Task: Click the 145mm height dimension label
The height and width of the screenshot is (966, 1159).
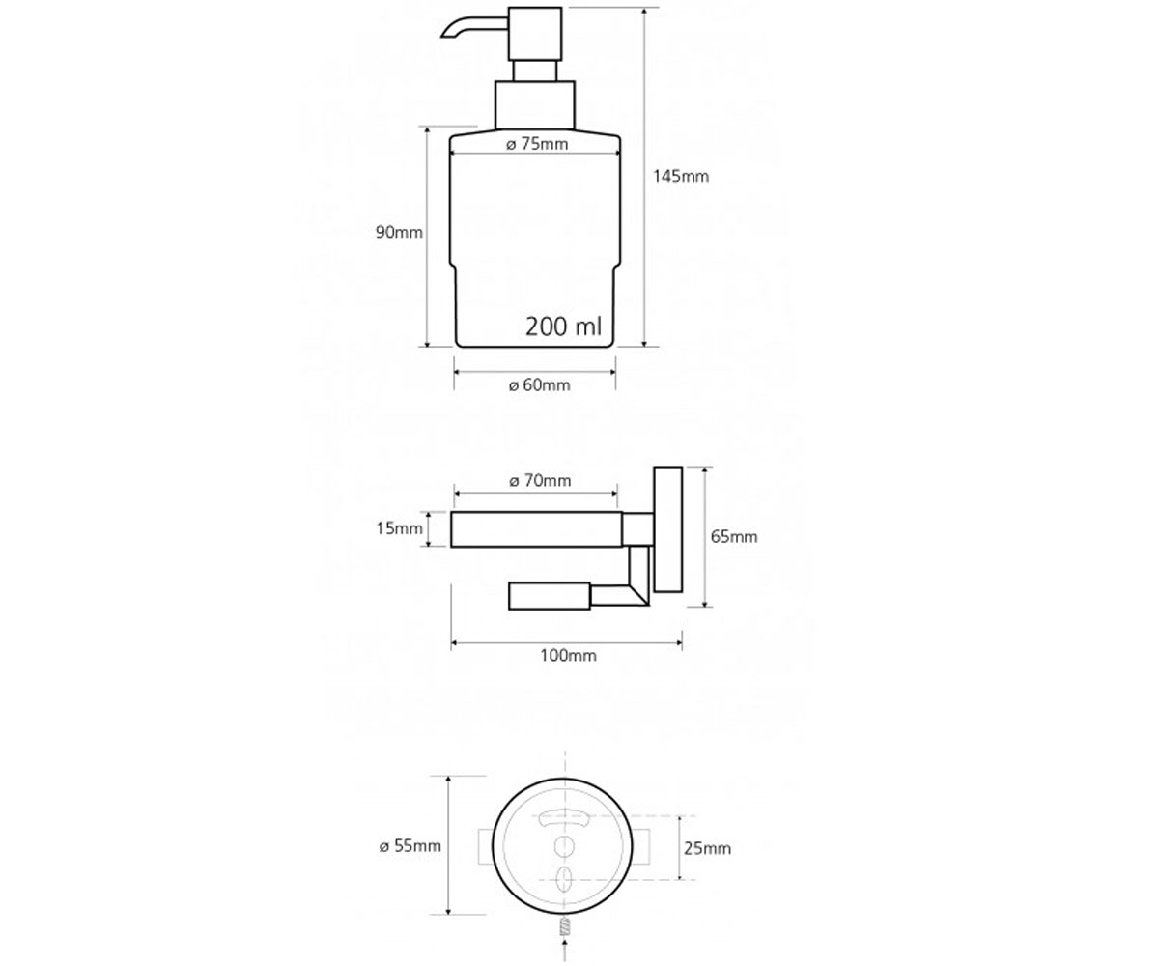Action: tap(681, 177)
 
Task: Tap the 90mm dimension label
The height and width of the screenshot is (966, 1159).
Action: tap(399, 232)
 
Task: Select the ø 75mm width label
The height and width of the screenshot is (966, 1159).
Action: tap(537, 144)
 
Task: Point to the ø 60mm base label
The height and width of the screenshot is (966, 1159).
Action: tap(539, 384)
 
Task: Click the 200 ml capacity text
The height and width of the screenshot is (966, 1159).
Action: tap(563, 327)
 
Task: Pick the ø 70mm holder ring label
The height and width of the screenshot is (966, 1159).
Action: tap(540, 480)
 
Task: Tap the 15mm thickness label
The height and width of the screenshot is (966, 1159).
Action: tap(399, 528)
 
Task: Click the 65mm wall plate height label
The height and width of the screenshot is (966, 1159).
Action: tap(734, 537)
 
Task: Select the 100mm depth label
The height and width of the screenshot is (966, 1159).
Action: tap(569, 656)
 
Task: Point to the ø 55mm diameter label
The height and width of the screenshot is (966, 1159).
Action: tap(410, 846)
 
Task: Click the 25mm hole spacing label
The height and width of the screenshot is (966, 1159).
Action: tap(707, 848)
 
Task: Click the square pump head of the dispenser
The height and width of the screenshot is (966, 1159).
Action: tap(535, 33)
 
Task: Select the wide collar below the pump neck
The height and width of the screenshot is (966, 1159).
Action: tap(535, 105)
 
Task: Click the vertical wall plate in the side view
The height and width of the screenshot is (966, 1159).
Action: tap(667, 529)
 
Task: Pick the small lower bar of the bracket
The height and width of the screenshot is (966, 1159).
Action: tap(550, 596)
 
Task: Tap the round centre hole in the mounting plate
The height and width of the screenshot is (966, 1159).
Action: tap(564, 846)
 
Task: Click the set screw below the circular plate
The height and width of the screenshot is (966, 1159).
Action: tap(565, 925)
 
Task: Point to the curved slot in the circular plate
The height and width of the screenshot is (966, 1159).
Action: tap(564, 816)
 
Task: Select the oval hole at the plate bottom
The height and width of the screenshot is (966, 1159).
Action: tap(564, 878)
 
